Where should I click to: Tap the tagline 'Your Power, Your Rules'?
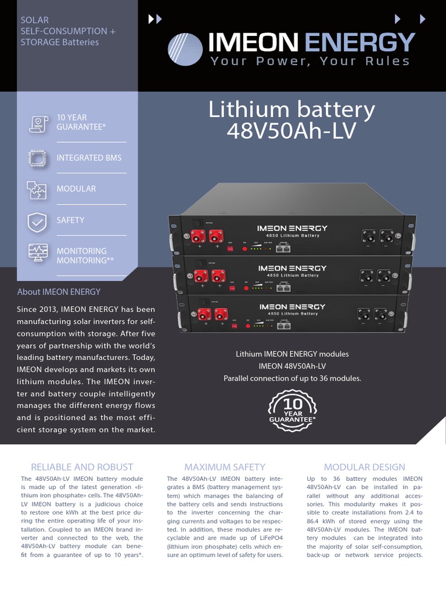pyautogui.click(x=310, y=61)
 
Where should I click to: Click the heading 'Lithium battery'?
pyautogui.click(x=292, y=110)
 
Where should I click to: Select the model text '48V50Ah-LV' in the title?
pyautogui.click(x=292, y=131)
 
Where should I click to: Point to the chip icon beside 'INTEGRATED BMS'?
pyautogui.click(x=37, y=158)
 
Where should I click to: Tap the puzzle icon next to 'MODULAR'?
pyautogui.click(x=37, y=189)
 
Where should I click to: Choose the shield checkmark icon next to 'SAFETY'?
pyautogui.click(x=37, y=221)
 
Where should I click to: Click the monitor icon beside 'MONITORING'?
pyautogui.click(x=37, y=252)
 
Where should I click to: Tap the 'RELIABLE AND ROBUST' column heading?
pyautogui.click(x=82, y=467)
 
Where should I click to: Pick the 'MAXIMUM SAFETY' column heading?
pyautogui.click(x=225, y=467)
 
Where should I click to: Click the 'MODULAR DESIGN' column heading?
pyautogui.click(x=364, y=467)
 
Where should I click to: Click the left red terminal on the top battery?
pyautogui.click(x=195, y=236)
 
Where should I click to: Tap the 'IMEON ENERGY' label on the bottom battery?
pyautogui.click(x=292, y=306)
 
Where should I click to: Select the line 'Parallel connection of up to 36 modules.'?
pyautogui.click(x=292, y=378)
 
